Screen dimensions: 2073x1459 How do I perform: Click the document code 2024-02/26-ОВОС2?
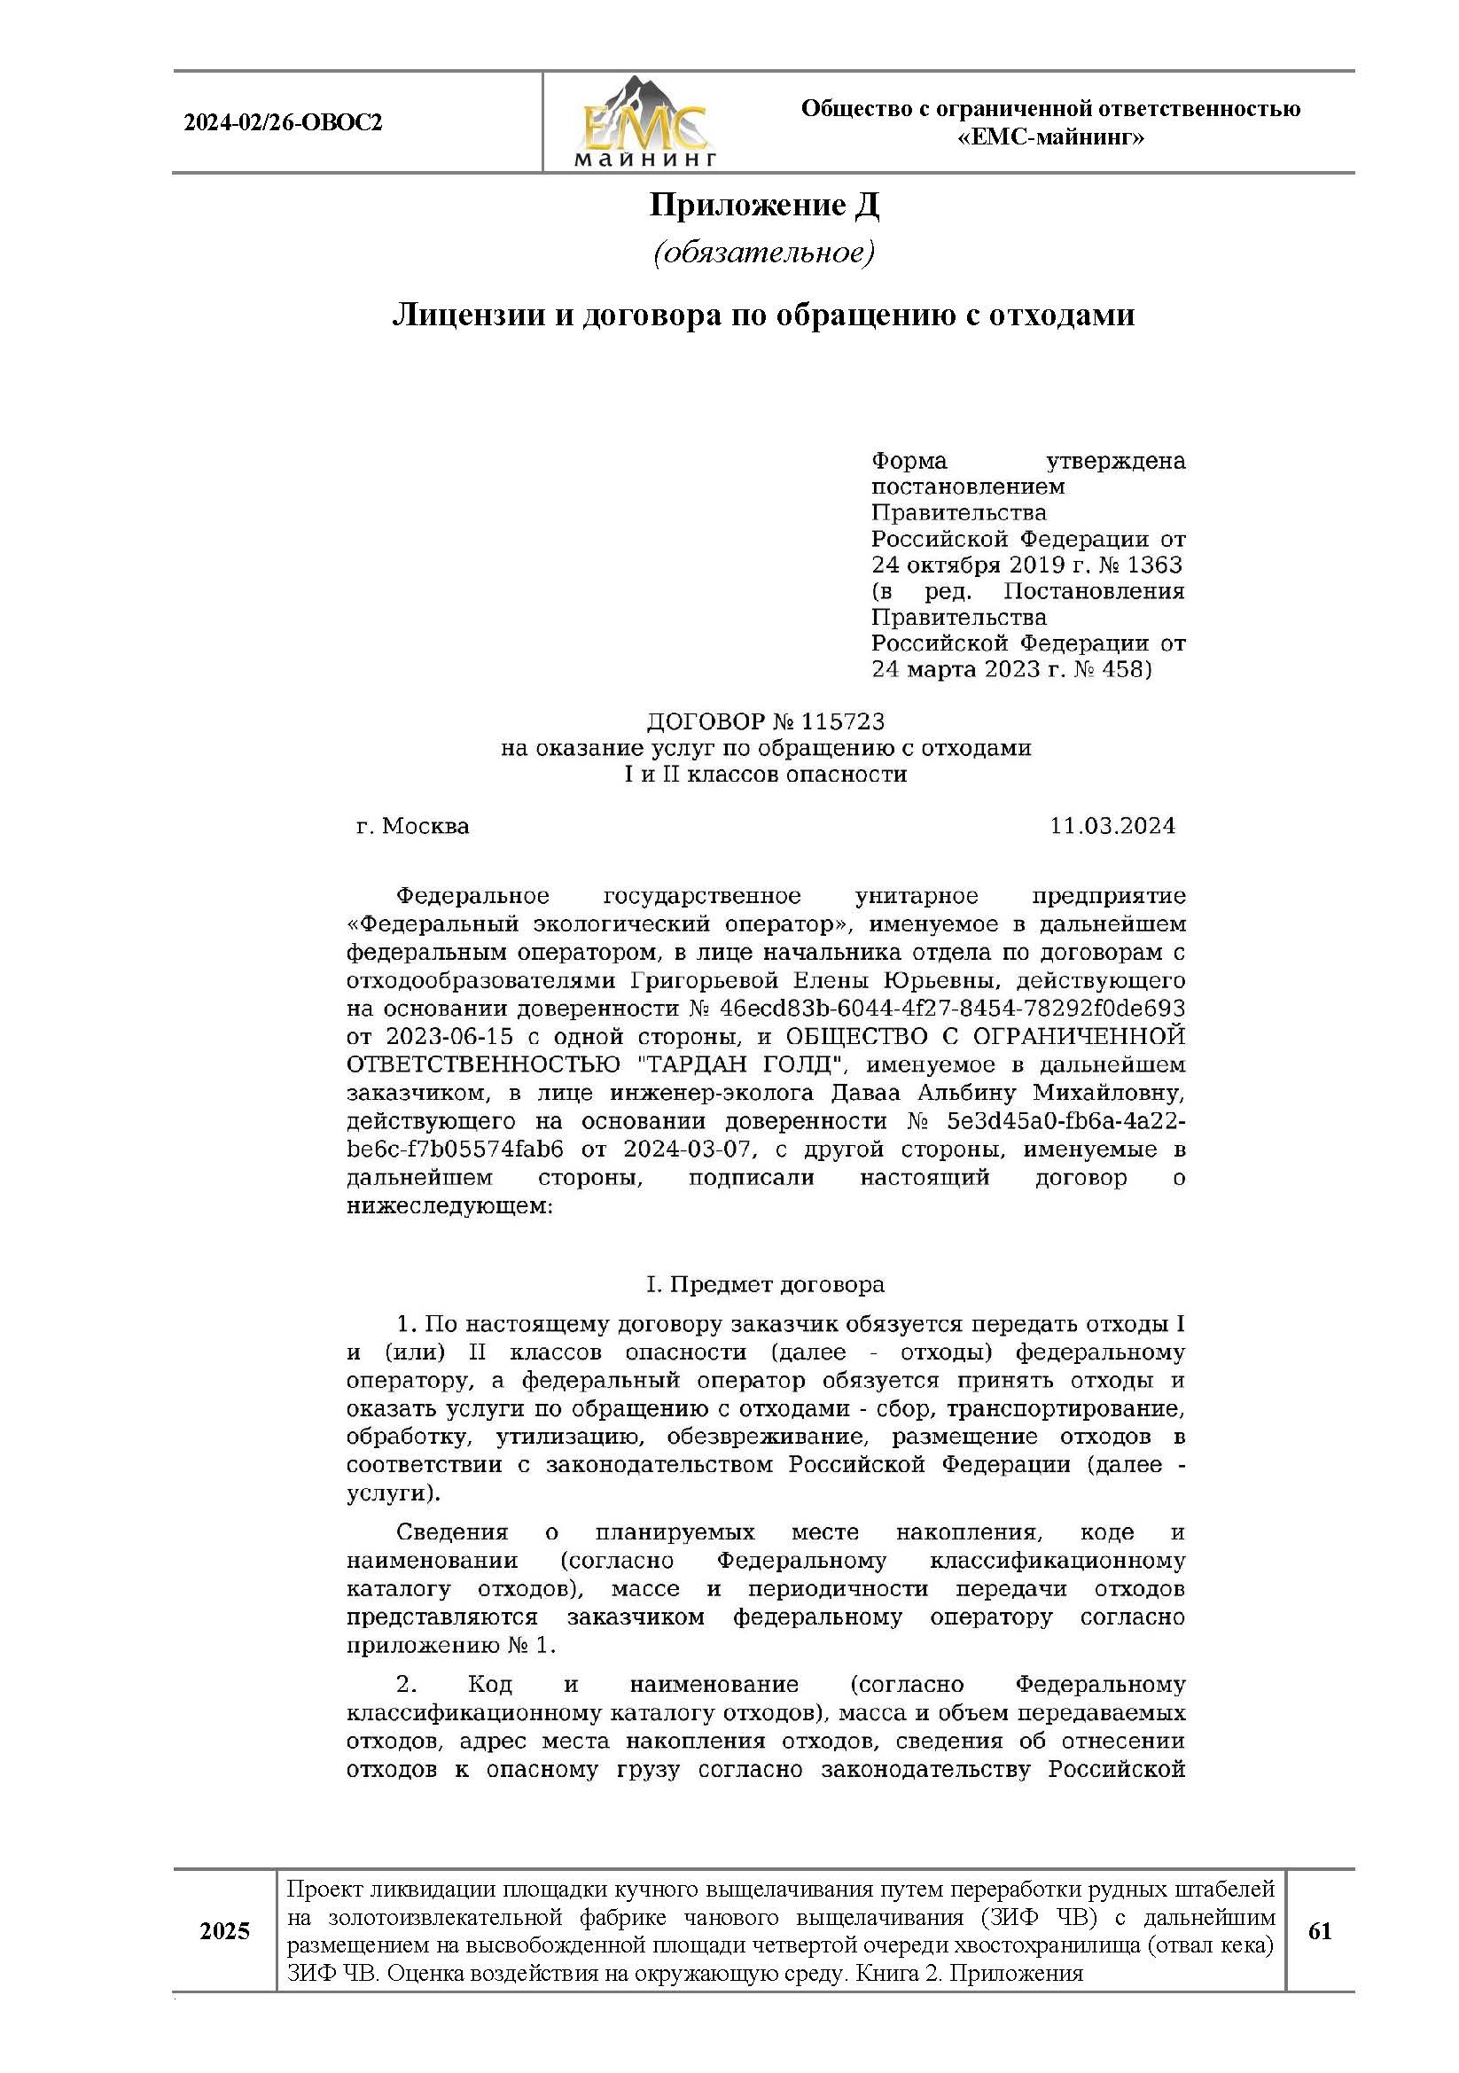coord(283,122)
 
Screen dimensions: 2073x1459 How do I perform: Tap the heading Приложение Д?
coord(764,206)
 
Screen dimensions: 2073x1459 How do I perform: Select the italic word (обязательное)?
coord(764,252)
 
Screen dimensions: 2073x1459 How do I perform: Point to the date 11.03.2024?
coord(1112,825)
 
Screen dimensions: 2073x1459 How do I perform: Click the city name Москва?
coord(425,825)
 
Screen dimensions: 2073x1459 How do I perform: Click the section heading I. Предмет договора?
coord(765,1283)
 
